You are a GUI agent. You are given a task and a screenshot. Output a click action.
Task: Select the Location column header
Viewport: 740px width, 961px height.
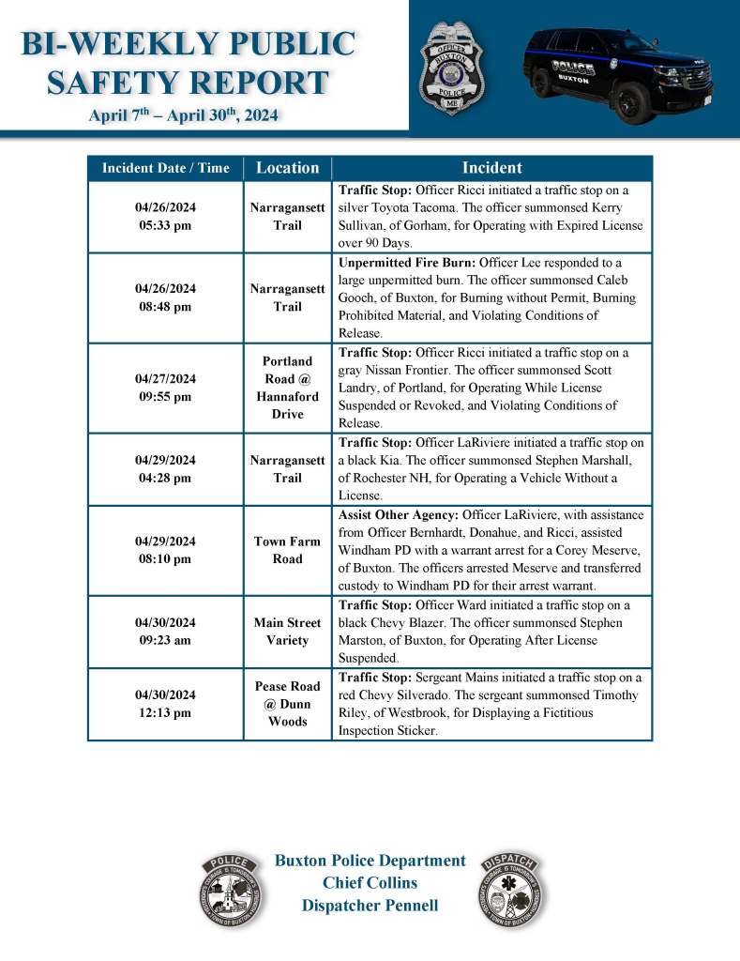(x=287, y=168)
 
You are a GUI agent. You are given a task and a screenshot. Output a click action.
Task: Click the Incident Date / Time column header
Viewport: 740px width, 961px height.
(x=165, y=168)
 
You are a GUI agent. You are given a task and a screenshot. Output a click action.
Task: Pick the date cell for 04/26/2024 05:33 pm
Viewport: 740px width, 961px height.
(x=165, y=217)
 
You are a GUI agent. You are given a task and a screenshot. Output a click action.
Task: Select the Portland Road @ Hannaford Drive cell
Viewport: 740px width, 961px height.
(x=287, y=388)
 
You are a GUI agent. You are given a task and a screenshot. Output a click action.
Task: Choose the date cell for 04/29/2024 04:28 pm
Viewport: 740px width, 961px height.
(x=165, y=469)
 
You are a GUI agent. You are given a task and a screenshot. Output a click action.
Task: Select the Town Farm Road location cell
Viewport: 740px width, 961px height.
(x=287, y=550)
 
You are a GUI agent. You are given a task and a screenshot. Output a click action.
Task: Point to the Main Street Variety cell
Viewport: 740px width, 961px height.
(x=287, y=632)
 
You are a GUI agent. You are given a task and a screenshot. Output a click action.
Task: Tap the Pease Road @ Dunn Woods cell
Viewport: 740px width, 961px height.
(x=287, y=704)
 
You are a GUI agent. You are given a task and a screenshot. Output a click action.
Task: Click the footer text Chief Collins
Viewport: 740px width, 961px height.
(x=370, y=883)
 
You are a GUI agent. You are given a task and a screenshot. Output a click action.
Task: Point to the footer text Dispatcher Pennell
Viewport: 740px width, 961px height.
(x=370, y=906)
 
